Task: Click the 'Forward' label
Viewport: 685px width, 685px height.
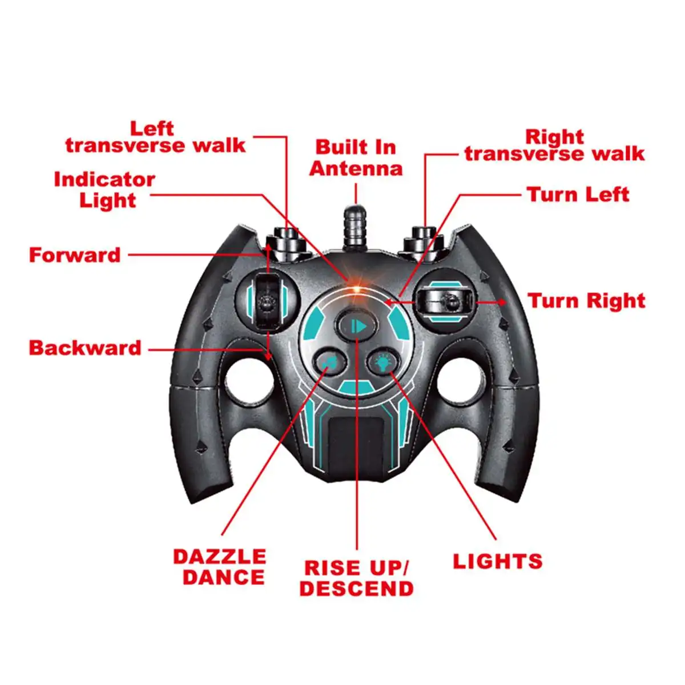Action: point(75,255)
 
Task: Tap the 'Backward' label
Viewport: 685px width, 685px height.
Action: point(85,348)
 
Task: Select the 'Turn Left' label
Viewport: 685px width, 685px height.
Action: point(578,195)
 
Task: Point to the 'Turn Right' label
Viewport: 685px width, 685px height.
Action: point(587,301)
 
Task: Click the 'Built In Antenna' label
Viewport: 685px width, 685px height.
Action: point(356,158)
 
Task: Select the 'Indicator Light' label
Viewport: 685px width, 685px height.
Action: point(104,190)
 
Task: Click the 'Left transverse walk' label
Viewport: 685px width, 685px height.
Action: point(155,137)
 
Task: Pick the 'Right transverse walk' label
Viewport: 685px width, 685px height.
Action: point(554,146)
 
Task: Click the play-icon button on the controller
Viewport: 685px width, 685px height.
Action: point(357,325)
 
